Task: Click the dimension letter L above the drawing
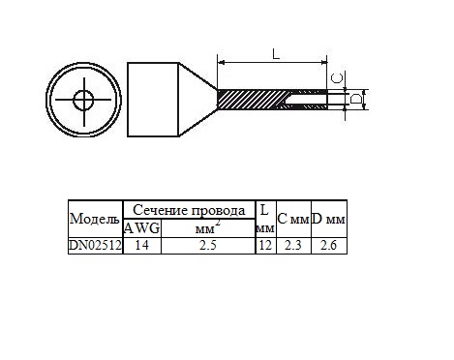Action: pyautogui.click(x=276, y=54)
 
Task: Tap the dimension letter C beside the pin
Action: pyautogui.click(x=338, y=77)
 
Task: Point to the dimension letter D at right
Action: pyautogui.click(x=356, y=99)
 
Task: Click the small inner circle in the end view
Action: pyautogui.click(x=83, y=100)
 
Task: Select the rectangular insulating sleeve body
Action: pyautogui.click(x=153, y=100)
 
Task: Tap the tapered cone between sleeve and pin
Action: pyautogui.click(x=197, y=100)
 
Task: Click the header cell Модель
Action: pyautogui.click(x=95, y=219)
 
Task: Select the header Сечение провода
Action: pyautogui.click(x=189, y=210)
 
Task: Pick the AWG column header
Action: pyautogui.click(x=142, y=228)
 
